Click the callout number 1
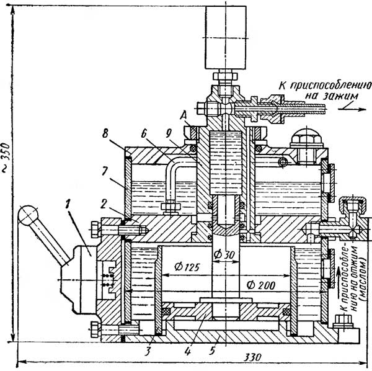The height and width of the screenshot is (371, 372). (x=68, y=203)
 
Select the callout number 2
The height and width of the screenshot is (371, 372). (x=104, y=204)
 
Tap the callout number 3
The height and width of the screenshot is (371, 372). (x=148, y=351)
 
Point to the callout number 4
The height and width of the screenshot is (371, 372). (x=188, y=351)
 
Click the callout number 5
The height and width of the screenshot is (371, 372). (x=212, y=351)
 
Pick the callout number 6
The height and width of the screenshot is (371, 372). (x=144, y=133)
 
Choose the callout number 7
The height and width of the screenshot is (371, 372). (x=105, y=171)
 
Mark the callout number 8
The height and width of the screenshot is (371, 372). (x=105, y=133)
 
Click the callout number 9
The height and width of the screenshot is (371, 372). (x=168, y=133)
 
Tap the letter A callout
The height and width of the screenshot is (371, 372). (x=184, y=116)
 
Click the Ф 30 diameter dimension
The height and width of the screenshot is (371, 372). (x=224, y=255)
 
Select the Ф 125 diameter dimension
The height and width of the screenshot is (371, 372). (x=187, y=267)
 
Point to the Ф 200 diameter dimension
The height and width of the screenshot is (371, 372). (x=261, y=285)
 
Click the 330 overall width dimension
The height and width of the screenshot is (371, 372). (x=253, y=357)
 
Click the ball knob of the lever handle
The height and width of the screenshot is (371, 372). (x=28, y=215)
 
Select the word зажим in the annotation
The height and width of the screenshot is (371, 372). (x=341, y=96)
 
